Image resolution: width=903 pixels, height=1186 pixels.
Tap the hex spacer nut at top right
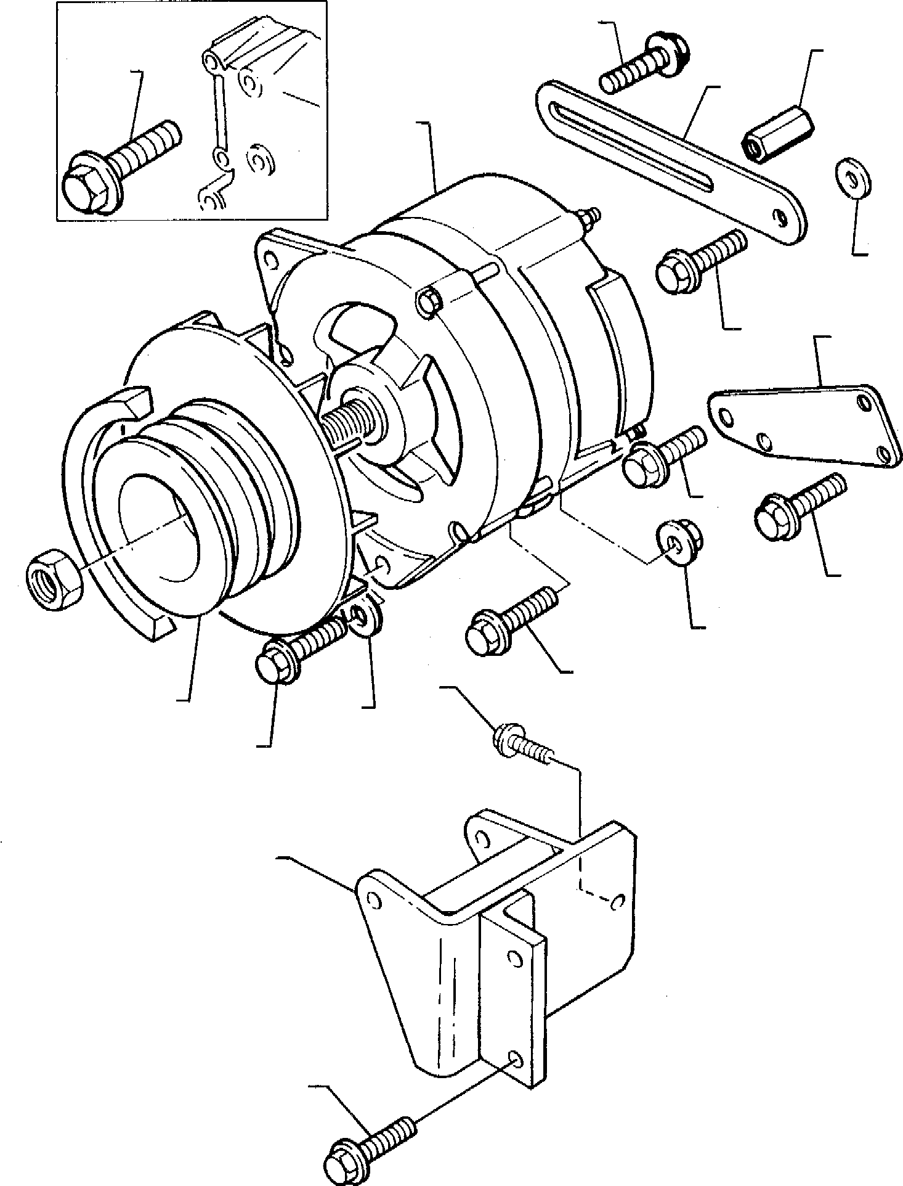(778, 134)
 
